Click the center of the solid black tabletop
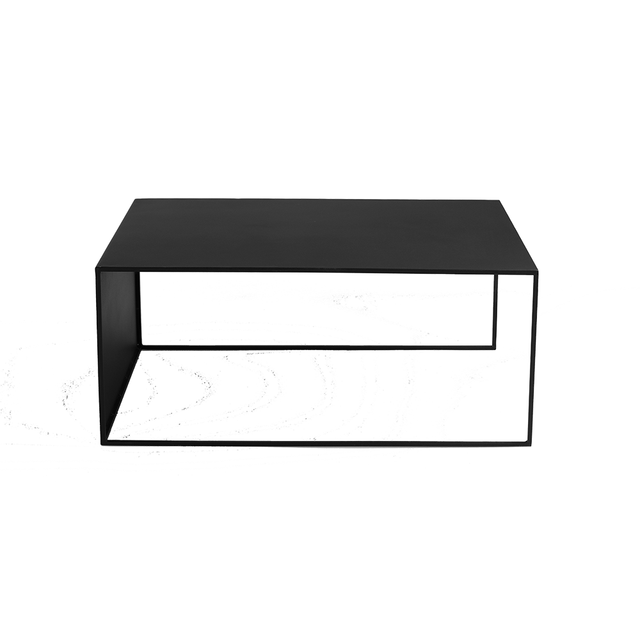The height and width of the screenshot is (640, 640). (x=317, y=234)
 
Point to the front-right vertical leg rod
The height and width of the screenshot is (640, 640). (x=533, y=358)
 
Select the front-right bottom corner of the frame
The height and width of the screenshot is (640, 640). (x=533, y=443)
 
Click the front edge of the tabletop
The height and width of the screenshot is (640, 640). (x=317, y=270)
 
